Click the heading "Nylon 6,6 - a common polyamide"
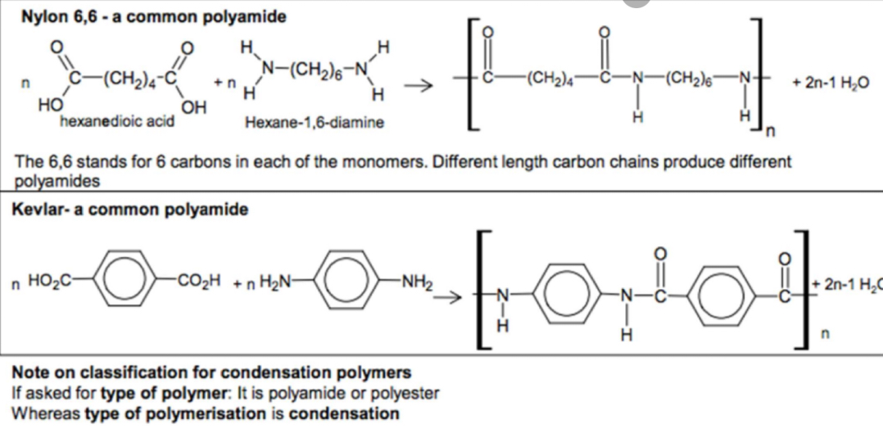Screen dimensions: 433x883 [153, 16]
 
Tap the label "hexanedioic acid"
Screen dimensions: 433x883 [116, 122]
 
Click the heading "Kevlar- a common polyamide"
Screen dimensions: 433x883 [130, 210]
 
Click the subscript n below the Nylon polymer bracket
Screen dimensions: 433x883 [770, 130]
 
